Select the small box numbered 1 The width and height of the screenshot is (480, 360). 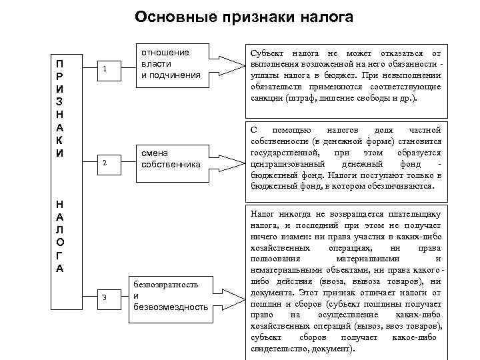tap(105, 69)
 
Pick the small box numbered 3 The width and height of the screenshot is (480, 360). tap(105, 297)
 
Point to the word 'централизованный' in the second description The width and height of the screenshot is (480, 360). tap(287, 163)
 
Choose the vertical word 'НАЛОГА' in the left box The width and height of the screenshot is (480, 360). tap(61, 237)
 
